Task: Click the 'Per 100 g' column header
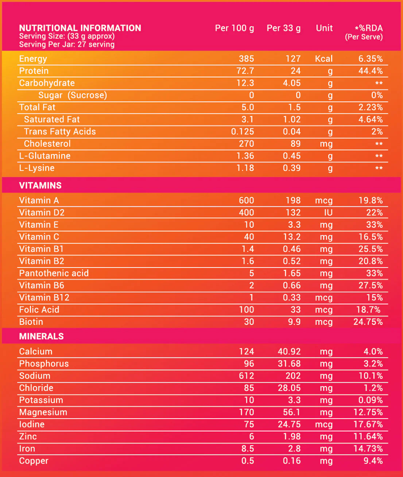[x=234, y=28]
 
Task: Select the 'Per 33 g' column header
[x=283, y=28]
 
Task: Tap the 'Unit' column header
[x=324, y=28]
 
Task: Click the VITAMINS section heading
[x=40, y=185]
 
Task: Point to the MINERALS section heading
[x=41, y=336]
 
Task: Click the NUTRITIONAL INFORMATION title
[x=80, y=28]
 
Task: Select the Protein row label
[x=34, y=71]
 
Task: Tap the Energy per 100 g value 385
[x=246, y=59]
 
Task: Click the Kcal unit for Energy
[x=324, y=59]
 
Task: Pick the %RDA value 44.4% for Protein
[x=371, y=71]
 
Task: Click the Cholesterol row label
[x=47, y=143]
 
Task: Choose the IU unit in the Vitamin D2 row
[x=328, y=212]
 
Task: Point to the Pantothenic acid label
[x=54, y=273]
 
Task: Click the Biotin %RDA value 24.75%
[x=368, y=322]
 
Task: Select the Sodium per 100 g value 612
[x=246, y=376]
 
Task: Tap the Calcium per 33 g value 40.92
[x=289, y=351]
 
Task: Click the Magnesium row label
[x=43, y=412]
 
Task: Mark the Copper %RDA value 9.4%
[x=373, y=461]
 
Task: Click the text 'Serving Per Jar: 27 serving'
[x=67, y=45]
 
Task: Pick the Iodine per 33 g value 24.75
[x=289, y=424]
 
